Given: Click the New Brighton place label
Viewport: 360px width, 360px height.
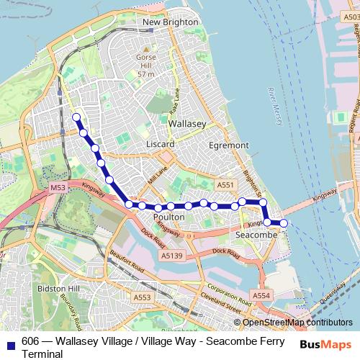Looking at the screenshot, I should click(170, 22).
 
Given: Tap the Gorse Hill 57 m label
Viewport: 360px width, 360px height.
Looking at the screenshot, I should click(146, 65).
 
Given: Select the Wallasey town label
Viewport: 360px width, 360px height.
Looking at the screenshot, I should click(186, 124).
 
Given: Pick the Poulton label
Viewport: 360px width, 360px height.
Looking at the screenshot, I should click(170, 216).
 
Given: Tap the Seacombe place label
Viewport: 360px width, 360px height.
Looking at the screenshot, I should click(253, 235).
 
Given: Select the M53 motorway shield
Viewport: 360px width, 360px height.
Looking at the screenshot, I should click(58, 187).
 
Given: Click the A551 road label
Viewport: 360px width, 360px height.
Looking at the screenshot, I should click(225, 185).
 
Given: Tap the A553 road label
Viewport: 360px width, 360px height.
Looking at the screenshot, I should click(142, 297).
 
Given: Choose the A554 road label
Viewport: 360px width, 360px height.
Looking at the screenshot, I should click(261, 296).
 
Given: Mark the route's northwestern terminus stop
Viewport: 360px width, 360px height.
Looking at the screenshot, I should click(76, 115).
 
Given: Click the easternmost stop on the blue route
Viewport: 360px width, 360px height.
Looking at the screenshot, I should click(283, 223).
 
